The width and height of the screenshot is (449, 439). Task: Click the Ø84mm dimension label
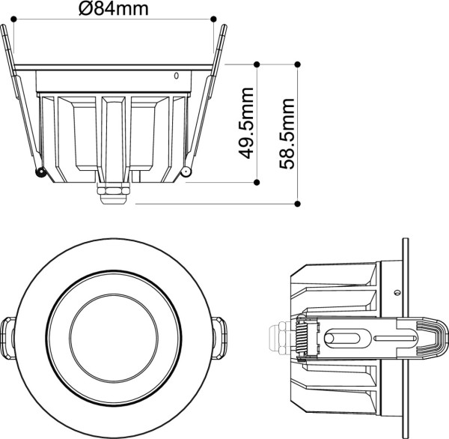113,9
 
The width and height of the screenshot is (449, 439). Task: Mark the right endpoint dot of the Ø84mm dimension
214,18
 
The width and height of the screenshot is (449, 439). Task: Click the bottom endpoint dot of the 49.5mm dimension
257,181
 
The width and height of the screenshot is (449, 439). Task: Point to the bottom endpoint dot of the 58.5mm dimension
298,203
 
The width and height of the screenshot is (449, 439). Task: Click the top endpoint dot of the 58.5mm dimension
298,64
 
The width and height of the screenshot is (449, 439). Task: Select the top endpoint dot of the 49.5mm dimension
257,64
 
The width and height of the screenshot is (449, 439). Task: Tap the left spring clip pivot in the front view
40,174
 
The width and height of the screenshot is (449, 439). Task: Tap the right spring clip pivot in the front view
186,174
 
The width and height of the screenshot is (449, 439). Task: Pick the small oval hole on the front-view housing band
177,76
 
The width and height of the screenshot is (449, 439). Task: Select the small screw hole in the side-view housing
399,291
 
